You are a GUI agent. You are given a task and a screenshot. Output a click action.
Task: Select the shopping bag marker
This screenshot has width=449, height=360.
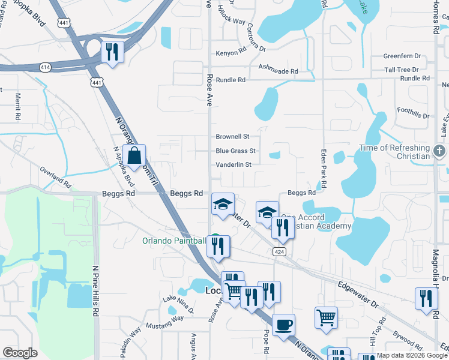point(134,156)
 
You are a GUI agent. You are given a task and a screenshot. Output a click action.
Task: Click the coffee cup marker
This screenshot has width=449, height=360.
point(283,325)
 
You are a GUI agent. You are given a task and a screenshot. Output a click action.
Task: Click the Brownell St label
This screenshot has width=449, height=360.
point(232,137)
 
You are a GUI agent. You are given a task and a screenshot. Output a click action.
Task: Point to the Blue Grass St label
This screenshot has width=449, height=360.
point(236,151)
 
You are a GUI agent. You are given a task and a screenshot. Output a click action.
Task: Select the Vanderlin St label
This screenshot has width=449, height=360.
point(234,165)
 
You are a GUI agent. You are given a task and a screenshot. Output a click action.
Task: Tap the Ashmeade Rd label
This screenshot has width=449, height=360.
point(278,71)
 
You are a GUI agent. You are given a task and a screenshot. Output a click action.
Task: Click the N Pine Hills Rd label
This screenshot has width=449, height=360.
point(95,292)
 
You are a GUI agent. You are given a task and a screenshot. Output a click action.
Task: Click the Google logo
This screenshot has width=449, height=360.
point(20,353)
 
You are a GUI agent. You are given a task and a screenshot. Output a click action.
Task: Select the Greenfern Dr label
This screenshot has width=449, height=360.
point(402,56)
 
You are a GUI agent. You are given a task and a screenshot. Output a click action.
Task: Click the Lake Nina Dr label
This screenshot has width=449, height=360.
point(178,304)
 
